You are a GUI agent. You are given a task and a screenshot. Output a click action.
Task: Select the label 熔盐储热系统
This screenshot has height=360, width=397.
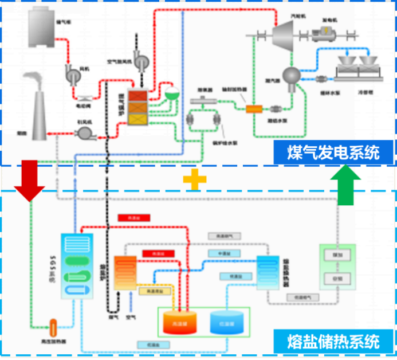pos(333,342)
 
